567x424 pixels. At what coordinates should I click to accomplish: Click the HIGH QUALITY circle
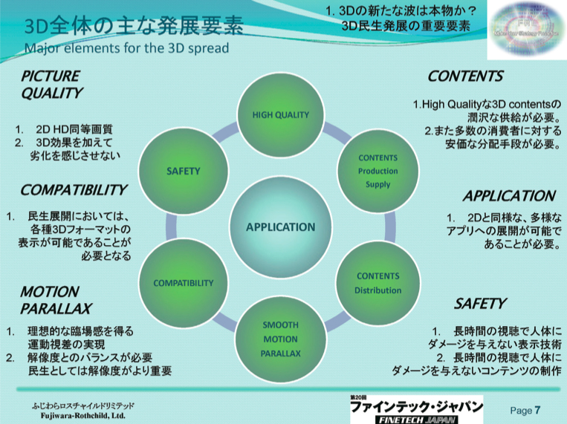[x=280, y=115]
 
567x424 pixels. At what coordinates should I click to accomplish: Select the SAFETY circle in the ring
[x=184, y=172]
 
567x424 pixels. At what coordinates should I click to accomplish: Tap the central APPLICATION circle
[x=280, y=227]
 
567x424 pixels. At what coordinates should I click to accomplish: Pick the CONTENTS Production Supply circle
[x=378, y=171]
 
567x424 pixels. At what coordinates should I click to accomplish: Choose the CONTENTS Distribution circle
[x=378, y=283]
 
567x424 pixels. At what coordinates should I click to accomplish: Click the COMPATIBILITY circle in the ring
[x=183, y=283]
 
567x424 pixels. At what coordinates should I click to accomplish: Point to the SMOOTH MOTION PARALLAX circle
[x=280, y=339]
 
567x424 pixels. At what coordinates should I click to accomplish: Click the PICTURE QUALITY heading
[x=51, y=85]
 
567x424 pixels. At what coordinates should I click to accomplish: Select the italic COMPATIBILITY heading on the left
[x=73, y=190]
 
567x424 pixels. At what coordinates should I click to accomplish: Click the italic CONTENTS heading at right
[x=465, y=76]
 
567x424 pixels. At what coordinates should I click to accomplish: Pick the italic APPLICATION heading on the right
[x=509, y=197]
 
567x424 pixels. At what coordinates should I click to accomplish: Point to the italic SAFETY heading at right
[x=479, y=304]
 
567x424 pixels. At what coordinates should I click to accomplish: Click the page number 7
[x=537, y=409]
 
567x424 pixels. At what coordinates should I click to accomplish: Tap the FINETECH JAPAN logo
[x=415, y=409]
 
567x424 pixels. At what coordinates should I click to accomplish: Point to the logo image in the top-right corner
[x=525, y=30]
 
